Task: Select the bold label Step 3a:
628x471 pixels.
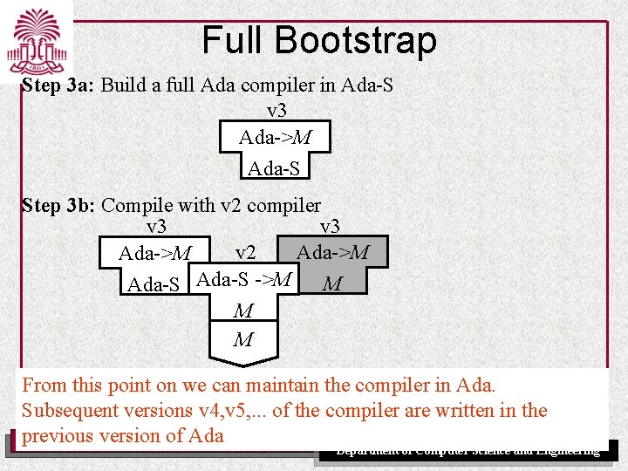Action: pos(58,85)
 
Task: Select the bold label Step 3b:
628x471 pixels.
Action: pos(58,206)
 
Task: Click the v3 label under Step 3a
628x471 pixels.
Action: pos(276,111)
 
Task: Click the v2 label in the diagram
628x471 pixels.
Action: pos(245,253)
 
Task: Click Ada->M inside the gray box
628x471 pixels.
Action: pos(332,253)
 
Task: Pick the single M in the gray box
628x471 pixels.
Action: pos(331,284)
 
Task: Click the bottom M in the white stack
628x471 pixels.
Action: pos(243,339)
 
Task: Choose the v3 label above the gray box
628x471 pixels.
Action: pos(330,227)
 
